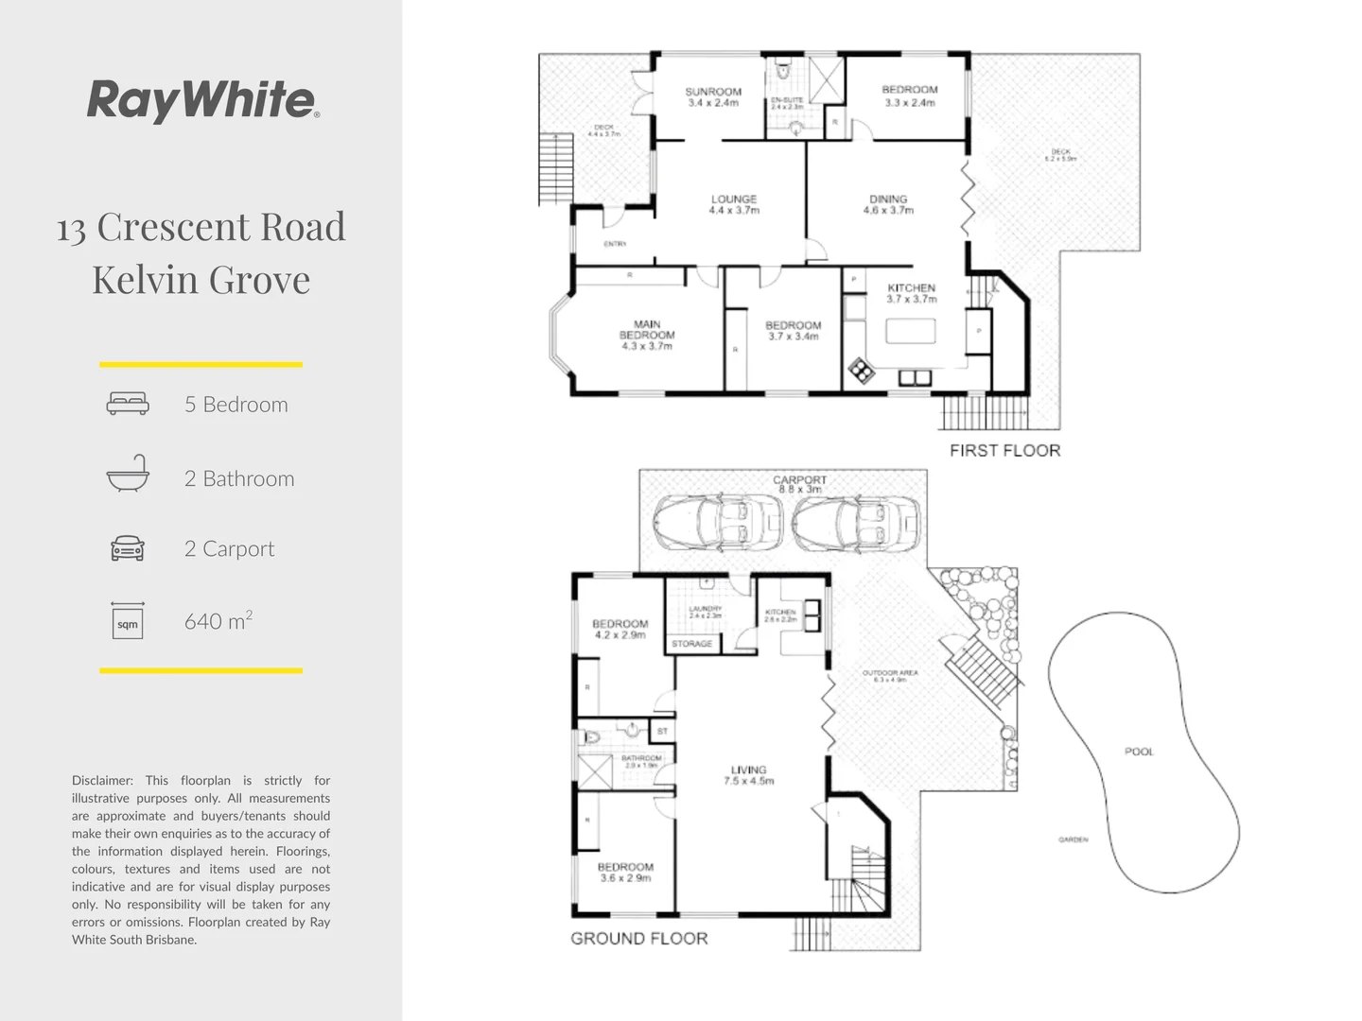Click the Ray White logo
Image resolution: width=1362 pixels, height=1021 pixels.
pos(202,99)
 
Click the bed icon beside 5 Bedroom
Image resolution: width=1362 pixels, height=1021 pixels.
pos(128,404)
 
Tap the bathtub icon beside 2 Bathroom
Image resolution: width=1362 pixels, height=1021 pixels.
pos(128,475)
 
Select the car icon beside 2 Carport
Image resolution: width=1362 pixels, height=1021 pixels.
pos(128,548)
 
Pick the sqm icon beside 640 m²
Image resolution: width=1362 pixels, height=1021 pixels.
pos(128,621)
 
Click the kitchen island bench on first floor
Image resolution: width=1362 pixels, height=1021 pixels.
pos(910,331)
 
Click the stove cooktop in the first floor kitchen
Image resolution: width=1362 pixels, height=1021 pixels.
pos(861,371)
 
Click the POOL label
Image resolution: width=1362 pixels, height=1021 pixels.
pos(1139,752)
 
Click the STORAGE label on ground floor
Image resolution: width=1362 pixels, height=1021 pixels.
pos(691,644)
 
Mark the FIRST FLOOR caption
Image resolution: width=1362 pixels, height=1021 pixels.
pos(1004,451)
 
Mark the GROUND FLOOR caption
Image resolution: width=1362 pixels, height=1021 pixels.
pos(639,939)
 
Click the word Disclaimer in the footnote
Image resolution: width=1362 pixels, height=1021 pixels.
pos(102,781)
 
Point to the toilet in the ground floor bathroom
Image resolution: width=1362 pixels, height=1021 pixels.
pos(592,736)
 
